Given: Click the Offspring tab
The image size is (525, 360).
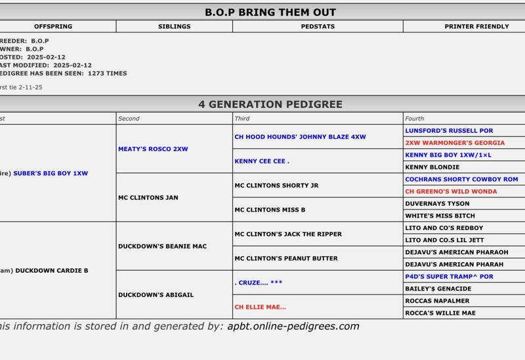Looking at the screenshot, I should [53, 27].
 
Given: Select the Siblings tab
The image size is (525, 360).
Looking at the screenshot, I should [174, 27].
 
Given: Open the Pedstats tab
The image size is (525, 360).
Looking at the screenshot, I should [317, 27].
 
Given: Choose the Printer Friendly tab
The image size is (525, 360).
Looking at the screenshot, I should [476, 27].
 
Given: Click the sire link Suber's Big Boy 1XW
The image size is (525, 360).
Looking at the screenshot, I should [51, 173].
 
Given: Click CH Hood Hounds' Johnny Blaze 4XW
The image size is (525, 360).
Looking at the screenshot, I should [300, 137].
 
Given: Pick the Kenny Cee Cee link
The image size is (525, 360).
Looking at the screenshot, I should [262, 161].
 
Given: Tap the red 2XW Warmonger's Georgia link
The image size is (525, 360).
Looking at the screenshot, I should [455, 143].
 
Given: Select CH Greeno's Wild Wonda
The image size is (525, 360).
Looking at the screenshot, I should [455, 191].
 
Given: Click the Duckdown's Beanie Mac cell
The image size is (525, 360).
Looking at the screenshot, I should [162, 246].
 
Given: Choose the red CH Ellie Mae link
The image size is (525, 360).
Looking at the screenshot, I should [260, 306].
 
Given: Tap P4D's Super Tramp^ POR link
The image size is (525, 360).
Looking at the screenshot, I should [449, 277].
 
